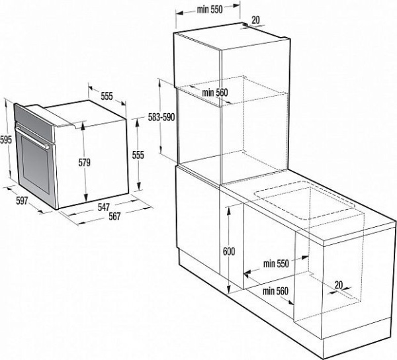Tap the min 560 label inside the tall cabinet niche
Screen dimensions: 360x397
pyautogui.click(x=215, y=92)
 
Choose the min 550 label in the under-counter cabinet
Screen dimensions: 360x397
pyautogui.click(x=276, y=264)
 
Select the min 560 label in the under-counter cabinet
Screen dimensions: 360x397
pyautogui.click(x=276, y=291)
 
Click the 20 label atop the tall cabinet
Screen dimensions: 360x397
pyautogui.click(x=255, y=20)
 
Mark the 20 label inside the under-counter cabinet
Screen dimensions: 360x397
pyautogui.click(x=339, y=285)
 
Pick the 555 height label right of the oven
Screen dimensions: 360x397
pyautogui.click(x=138, y=155)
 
